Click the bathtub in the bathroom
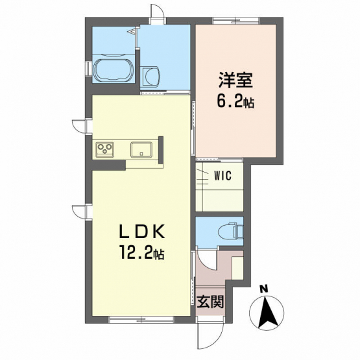[x=113, y=70]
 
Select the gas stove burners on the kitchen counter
[x=105, y=149]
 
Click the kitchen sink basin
[x=141, y=150]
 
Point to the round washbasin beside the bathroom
[x=150, y=77]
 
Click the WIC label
[x=222, y=176]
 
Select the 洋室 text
[x=235, y=80]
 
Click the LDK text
[x=141, y=232]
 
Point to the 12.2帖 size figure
[x=141, y=252]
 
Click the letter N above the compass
[x=265, y=289]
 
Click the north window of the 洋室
[x=236, y=21]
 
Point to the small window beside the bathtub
[x=88, y=69]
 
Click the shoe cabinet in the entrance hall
[x=237, y=268]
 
